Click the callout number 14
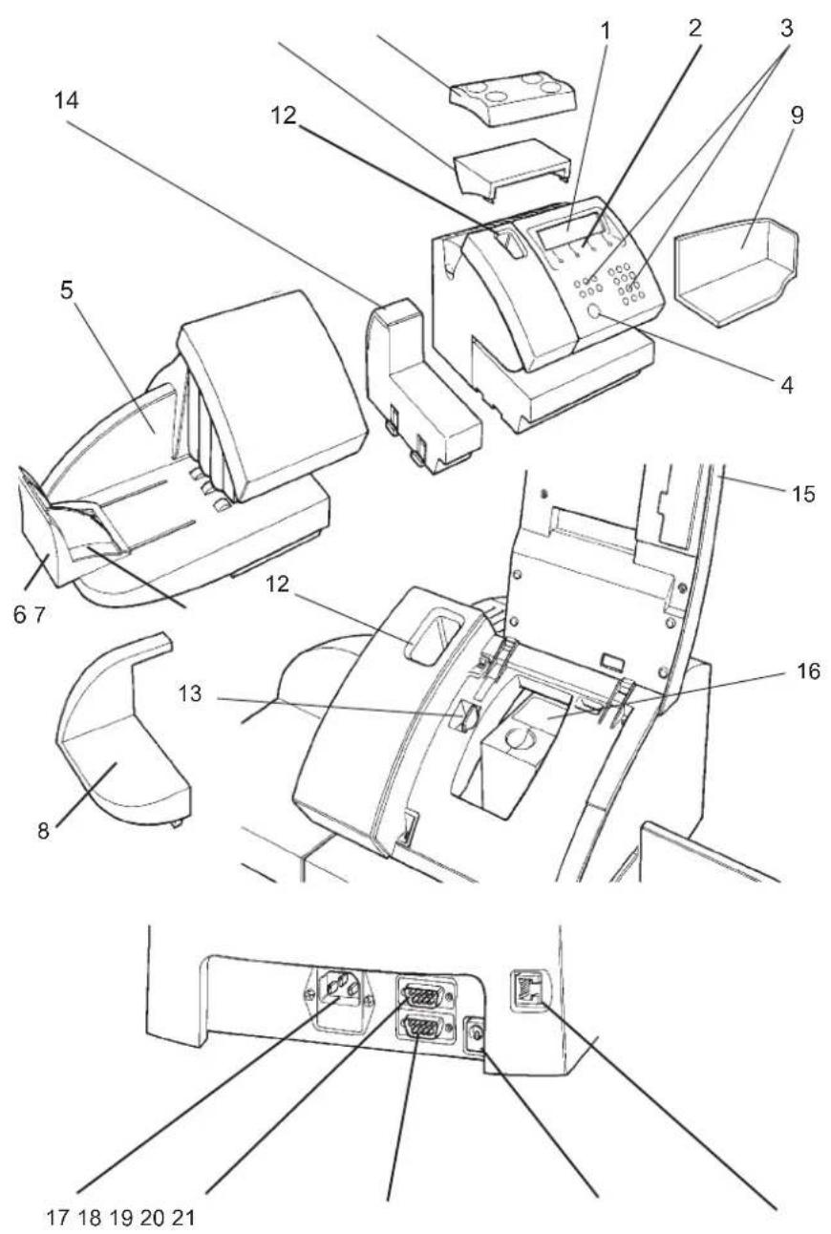pyautogui.click(x=66, y=101)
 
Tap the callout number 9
pyautogui.click(x=797, y=115)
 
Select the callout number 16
pyautogui.click(x=808, y=671)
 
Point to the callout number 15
pyautogui.click(x=803, y=494)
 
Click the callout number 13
pyautogui.click(x=189, y=693)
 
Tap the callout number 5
pyautogui.click(x=66, y=291)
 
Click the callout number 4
pyautogui.click(x=787, y=385)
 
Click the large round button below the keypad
pyautogui.click(x=594, y=312)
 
